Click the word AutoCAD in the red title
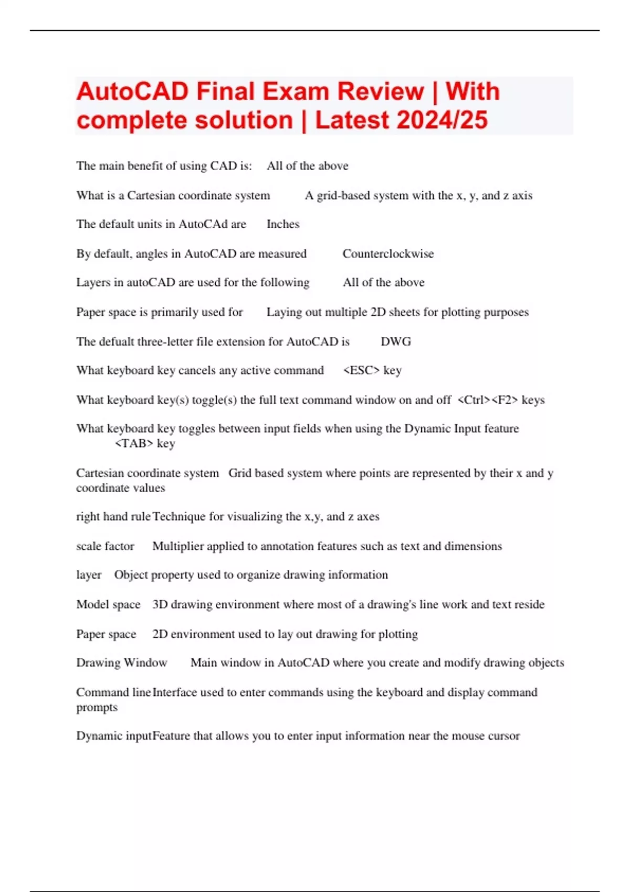point(132,92)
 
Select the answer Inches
point(282,224)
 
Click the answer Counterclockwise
point(388,254)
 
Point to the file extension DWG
point(395,342)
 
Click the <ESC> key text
point(372,370)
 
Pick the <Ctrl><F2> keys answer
point(501,400)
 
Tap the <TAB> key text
point(144,443)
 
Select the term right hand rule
point(113,517)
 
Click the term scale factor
point(105,546)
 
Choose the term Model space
point(108,604)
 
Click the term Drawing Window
point(121,663)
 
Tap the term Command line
point(113,693)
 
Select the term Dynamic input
point(113,736)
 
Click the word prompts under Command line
point(97,707)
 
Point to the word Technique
point(178,517)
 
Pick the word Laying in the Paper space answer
point(283,312)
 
